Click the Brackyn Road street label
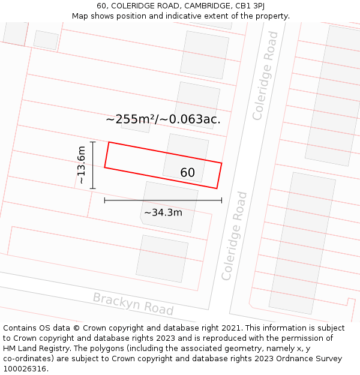point(133,304)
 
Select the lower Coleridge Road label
point(234,236)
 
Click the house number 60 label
point(187,173)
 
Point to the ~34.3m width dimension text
point(163,212)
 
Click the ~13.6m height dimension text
point(82,166)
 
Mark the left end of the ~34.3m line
point(105,200)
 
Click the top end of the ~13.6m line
point(92,142)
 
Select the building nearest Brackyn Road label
point(162,258)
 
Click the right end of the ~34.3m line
point(221,200)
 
